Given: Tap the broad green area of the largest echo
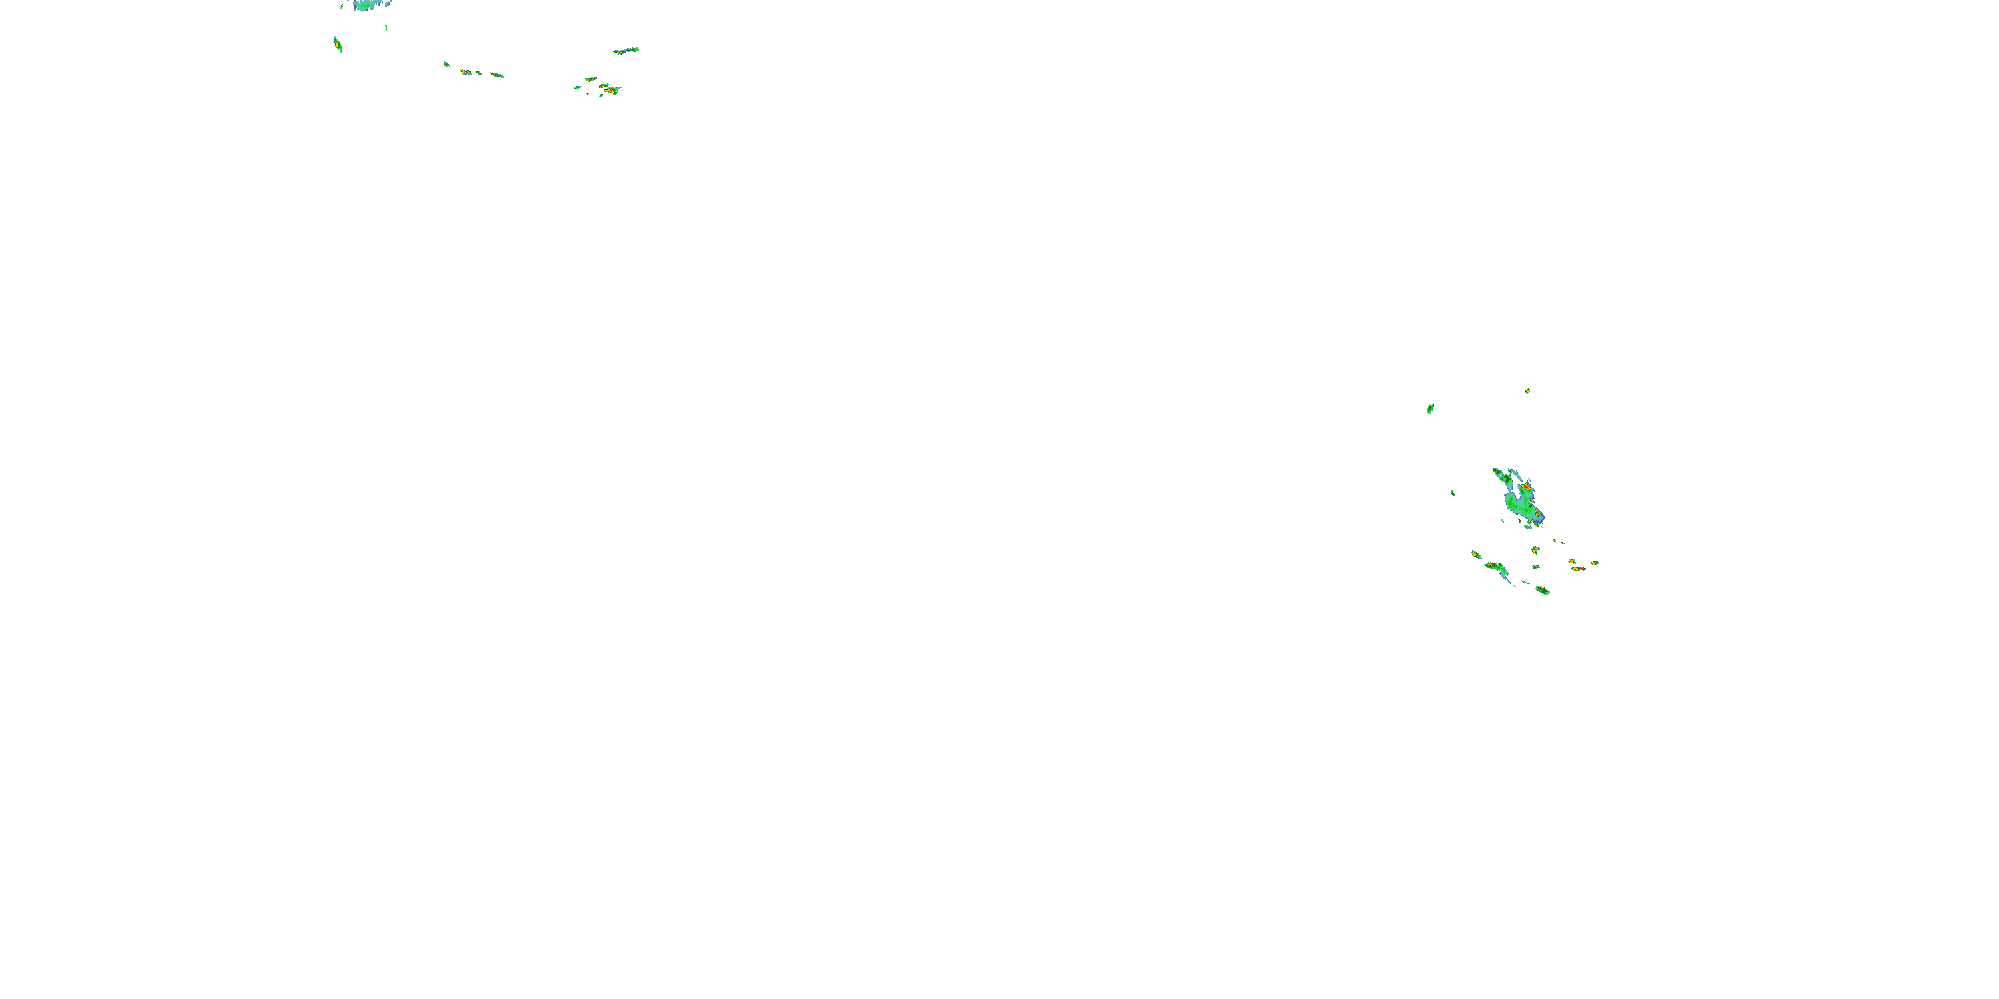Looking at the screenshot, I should [x=1517, y=505].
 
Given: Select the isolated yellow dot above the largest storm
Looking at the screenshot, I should [x=1527, y=391].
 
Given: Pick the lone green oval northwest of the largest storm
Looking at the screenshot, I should [x=1429, y=409].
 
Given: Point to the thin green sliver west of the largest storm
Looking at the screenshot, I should [x=1453, y=493].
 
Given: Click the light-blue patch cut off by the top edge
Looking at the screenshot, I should [x=371, y=5].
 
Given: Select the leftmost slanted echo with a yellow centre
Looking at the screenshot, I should [x=338, y=44].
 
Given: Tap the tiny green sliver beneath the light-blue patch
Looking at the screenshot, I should [x=386, y=27].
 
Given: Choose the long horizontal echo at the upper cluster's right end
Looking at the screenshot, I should [x=626, y=51].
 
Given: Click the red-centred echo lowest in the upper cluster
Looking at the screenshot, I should [x=612, y=91].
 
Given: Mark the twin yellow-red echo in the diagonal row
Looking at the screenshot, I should [x=466, y=72].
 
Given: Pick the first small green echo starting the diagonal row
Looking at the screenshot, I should [x=446, y=63].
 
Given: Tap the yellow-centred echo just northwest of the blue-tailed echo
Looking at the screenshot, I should [x=1475, y=555].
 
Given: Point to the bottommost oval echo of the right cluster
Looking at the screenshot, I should [x=1542, y=590].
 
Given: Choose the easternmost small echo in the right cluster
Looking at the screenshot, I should [x=1595, y=563].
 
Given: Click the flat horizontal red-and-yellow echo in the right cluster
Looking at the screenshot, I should [x=1578, y=569].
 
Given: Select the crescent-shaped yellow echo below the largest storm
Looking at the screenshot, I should [x=1535, y=550].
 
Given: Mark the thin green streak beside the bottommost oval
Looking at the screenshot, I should [x=1525, y=583].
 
